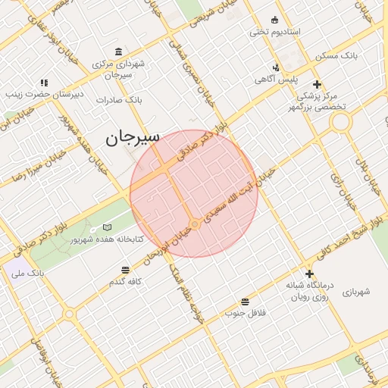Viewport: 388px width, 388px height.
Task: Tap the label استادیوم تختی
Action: [276, 33]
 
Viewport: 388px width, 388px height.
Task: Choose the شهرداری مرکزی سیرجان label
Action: [119, 70]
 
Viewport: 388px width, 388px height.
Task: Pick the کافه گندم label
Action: [127, 282]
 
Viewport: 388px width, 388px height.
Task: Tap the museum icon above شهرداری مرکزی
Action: [119, 52]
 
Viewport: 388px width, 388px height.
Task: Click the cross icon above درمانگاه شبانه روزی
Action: [309, 274]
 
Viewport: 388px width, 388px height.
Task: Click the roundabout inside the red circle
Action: [195, 224]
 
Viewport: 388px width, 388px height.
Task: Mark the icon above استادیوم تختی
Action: [274, 20]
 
